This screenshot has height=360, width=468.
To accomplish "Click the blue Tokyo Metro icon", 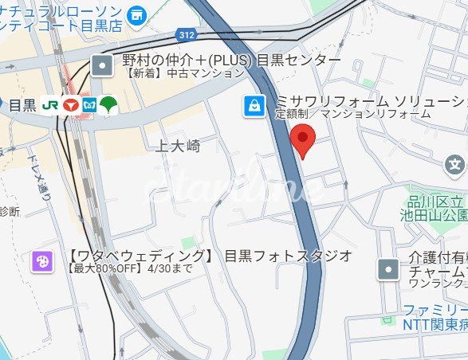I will click(x=88, y=104).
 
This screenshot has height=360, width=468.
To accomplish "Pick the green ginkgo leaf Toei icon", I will click(x=108, y=104).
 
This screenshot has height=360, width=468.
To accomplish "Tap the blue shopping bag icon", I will click(x=254, y=105).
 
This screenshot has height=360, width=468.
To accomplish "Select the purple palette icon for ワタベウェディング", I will click(x=42, y=261).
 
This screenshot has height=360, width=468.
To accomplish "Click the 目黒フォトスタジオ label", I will click(x=288, y=256).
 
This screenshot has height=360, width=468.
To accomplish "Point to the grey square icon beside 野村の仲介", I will click(x=102, y=65).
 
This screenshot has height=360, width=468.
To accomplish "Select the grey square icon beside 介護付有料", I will click(x=388, y=269).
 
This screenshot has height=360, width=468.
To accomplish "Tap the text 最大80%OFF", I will click(x=103, y=269).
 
